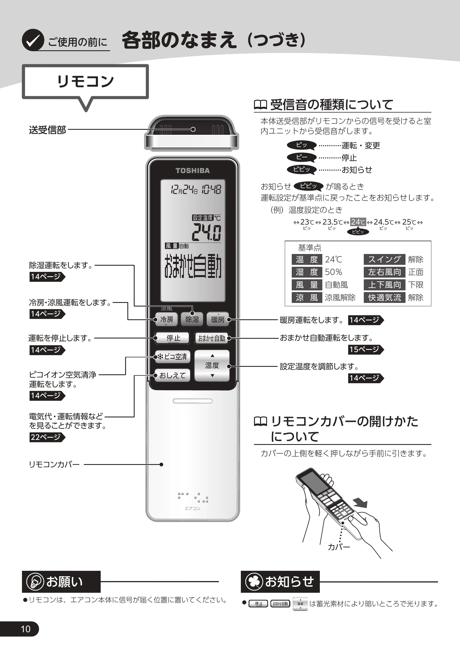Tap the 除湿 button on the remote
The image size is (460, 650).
click(192, 319)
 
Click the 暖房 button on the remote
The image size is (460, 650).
click(217, 319)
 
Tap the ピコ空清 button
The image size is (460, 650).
click(172, 357)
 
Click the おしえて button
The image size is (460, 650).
click(172, 375)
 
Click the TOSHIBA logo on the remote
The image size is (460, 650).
click(193, 170)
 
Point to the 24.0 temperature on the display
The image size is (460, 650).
click(206, 232)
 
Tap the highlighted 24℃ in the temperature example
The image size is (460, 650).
click(358, 222)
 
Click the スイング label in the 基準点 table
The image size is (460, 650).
click(384, 259)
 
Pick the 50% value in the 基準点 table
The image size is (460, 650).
click(333, 272)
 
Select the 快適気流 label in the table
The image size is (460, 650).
click(384, 297)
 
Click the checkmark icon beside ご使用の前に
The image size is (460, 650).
click(33, 40)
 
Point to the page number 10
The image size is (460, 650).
click(26, 629)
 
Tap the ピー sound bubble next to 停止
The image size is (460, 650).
click(302, 157)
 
